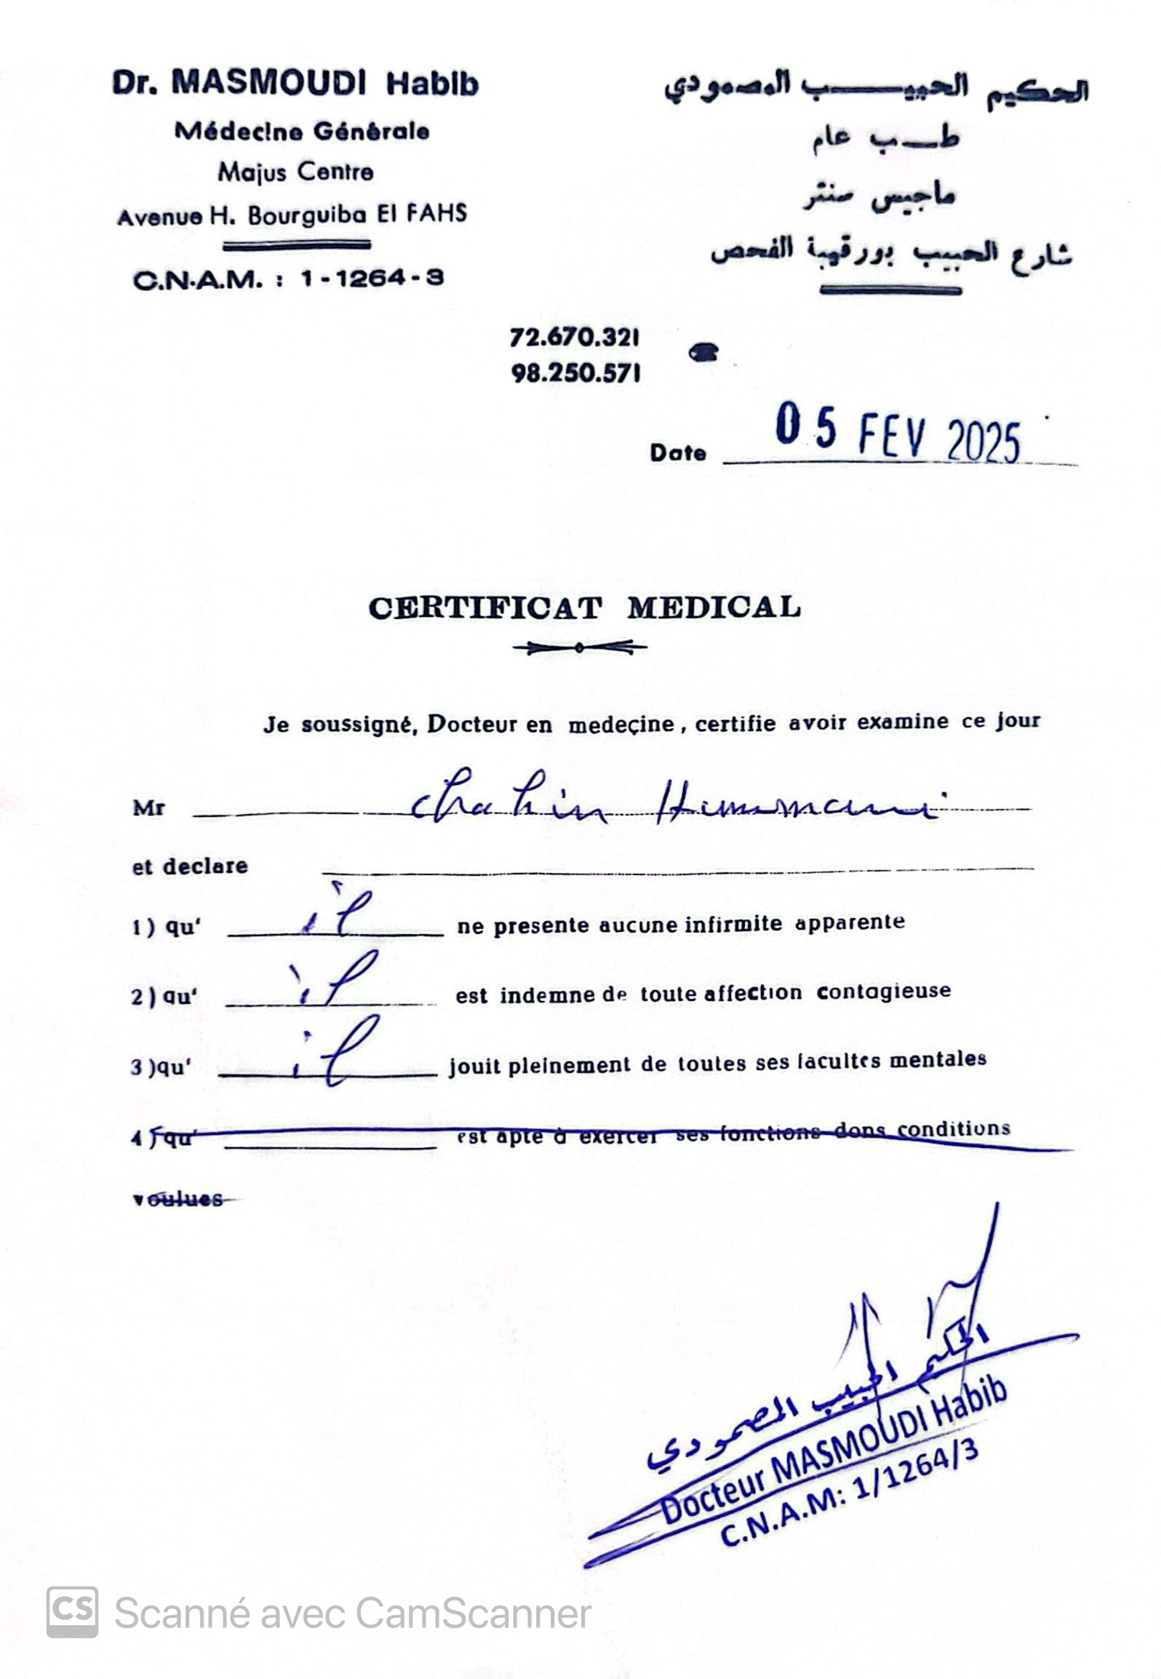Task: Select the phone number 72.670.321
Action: (575, 338)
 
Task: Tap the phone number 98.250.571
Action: (575, 373)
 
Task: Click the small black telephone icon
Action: (703, 354)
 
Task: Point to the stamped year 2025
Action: (984, 441)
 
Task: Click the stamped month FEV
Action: (892, 436)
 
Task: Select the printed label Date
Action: (678, 452)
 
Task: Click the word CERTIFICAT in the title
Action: (485, 608)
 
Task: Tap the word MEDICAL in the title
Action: (714, 607)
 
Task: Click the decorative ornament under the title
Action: (579, 647)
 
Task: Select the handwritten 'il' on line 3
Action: (336, 1055)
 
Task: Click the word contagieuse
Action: (883, 992)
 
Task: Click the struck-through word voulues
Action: (177, 1199)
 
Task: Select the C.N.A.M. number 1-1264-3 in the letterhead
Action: (372, 278)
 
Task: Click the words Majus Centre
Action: (295, 172)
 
